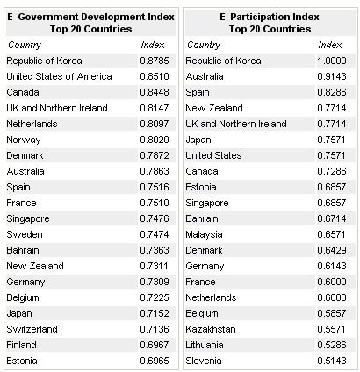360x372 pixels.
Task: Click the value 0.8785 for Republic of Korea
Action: click(155, 61)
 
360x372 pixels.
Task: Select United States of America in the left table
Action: click(59, 76)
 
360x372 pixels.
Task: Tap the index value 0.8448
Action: click(155, 92)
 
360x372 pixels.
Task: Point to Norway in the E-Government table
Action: click(24, 140)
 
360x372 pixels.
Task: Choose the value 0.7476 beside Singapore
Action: click(155, 218)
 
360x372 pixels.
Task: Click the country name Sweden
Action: click(25, 234)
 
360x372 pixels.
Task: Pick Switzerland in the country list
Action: click(32, 329)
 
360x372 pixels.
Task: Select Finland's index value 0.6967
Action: click(155, 345)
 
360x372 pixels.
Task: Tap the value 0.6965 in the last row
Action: click(155, 361)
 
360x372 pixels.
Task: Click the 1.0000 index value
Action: click(332, 61)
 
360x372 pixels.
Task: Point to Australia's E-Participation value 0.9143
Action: click(332, 76)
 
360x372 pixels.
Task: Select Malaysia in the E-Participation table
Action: click(204, 234)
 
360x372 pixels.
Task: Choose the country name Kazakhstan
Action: click(211, 329)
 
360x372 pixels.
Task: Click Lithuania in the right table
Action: click(205, 345)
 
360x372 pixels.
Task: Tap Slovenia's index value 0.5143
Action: click(332, 361)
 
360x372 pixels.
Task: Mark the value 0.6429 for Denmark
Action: click(332, 250)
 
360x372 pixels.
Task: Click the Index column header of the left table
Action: click(153, 45)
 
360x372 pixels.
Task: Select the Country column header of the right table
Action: click(204, 46)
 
